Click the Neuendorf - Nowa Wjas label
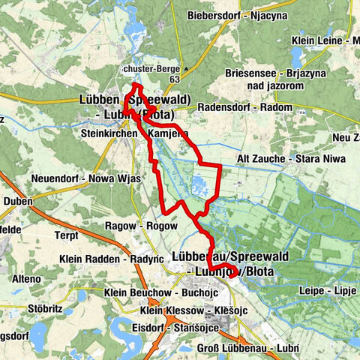pyautogui.click(x=78, y=178)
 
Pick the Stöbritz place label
pyautogui.click(x=19, y=306)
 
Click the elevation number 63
pyautogui.click(x=175, y=78)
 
